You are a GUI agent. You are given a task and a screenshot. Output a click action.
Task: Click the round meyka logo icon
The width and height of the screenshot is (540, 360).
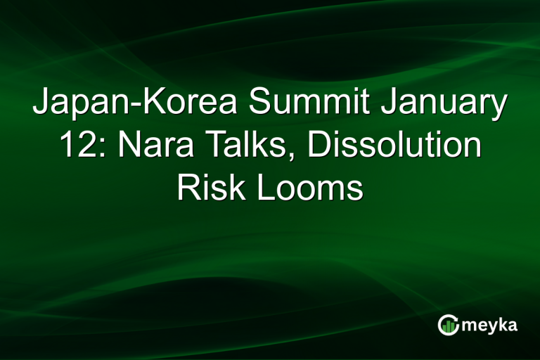click(448, 325)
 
